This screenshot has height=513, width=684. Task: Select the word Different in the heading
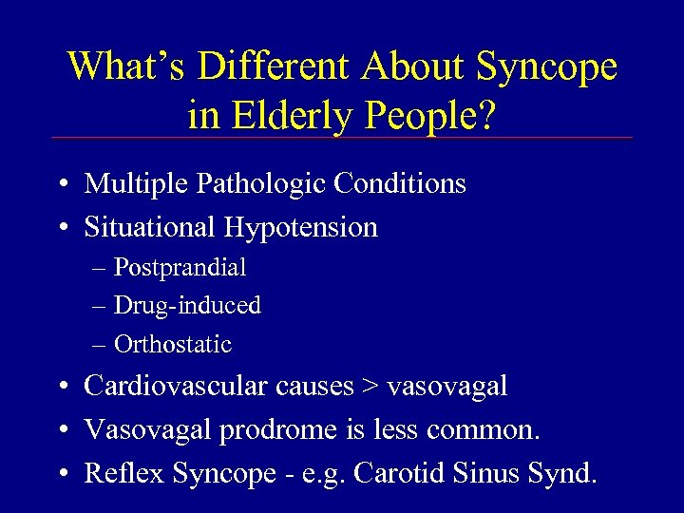click(x=271, y=66)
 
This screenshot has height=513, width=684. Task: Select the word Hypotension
click(x=301, y=227)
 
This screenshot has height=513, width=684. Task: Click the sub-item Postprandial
click(x=180, y=268)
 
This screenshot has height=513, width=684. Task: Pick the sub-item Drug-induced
click(x=187, y=306)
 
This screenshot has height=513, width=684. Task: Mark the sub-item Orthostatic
click(x=173, y=344)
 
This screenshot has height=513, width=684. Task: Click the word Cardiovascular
click(x=169, y=386)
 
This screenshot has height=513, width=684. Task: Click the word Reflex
click(x=115, y=473)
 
